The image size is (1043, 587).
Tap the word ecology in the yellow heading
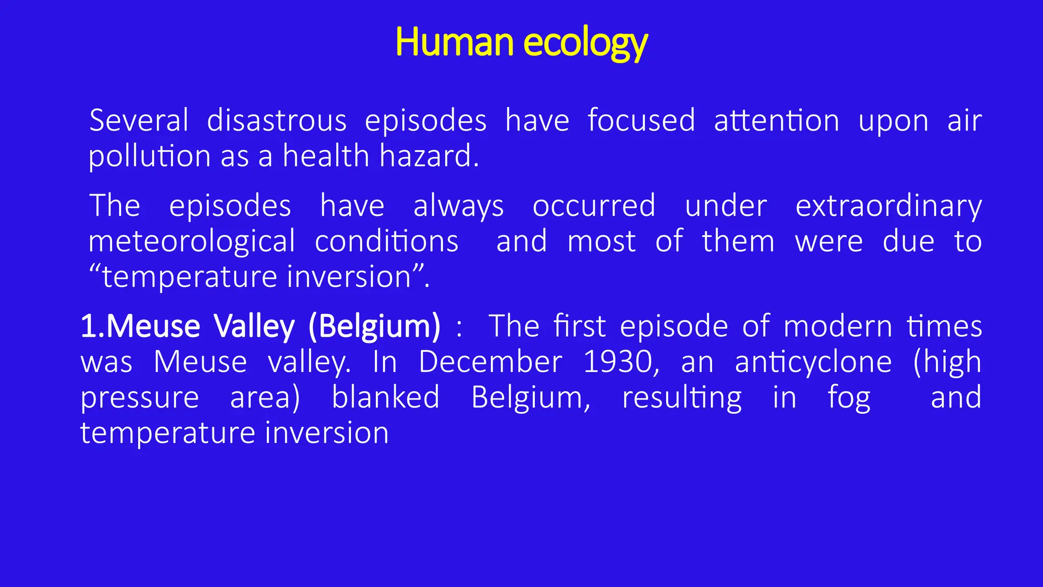585,43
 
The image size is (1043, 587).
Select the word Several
139,121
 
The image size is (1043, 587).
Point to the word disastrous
277,121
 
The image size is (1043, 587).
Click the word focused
641,121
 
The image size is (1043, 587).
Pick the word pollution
149,156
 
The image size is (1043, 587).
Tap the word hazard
429,156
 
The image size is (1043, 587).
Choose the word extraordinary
888,206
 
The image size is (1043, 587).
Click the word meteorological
191,242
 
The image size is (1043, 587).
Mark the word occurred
594,206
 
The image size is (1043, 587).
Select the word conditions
387,242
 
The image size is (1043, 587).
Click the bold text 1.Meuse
141,326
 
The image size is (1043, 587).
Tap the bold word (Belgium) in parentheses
374,326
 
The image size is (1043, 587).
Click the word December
490,362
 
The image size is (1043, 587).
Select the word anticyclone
813,362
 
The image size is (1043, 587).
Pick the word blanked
386,397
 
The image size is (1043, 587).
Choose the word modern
837,326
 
